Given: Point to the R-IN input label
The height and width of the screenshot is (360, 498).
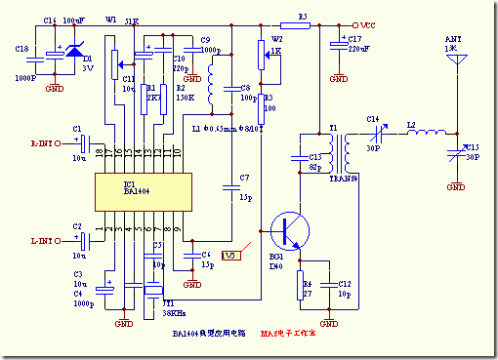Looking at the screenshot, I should pyautogui.click(x=45, y=143).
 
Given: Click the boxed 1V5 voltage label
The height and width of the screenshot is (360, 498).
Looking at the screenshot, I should pyautogui.click(x=229, y=256).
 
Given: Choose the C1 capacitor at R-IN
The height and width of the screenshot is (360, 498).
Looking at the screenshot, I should pyautogui.click(x=83, y=143).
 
